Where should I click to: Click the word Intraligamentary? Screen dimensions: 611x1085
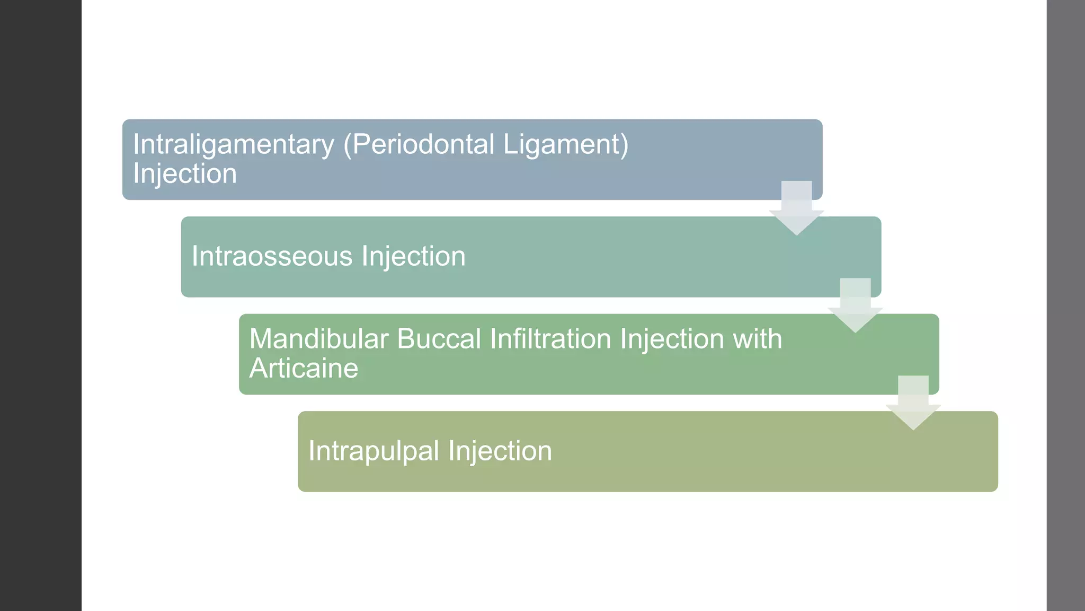click(x=234, y=145)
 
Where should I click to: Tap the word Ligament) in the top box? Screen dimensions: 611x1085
click(x=565, y=145)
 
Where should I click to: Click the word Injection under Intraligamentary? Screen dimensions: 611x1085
click(x=185, y=174)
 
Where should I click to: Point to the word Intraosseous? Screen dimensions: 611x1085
click(x=272, y=256)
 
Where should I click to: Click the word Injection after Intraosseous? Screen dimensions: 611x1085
click(x=413, y=257)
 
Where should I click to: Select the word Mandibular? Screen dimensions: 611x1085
click(x=319, y=339)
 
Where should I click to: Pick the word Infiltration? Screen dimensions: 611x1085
click(x=550, y=339)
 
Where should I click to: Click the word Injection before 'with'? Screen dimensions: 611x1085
click(x=672, y=339)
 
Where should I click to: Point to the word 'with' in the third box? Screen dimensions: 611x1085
click(x=757, y=339)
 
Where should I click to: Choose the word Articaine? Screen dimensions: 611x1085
click(x=304, y=368)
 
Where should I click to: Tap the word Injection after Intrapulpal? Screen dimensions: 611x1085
click(x=500, y=451)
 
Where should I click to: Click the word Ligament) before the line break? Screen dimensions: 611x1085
click(x=565, y=145)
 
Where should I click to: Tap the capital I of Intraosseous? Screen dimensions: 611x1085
click(x=194, y=256)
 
